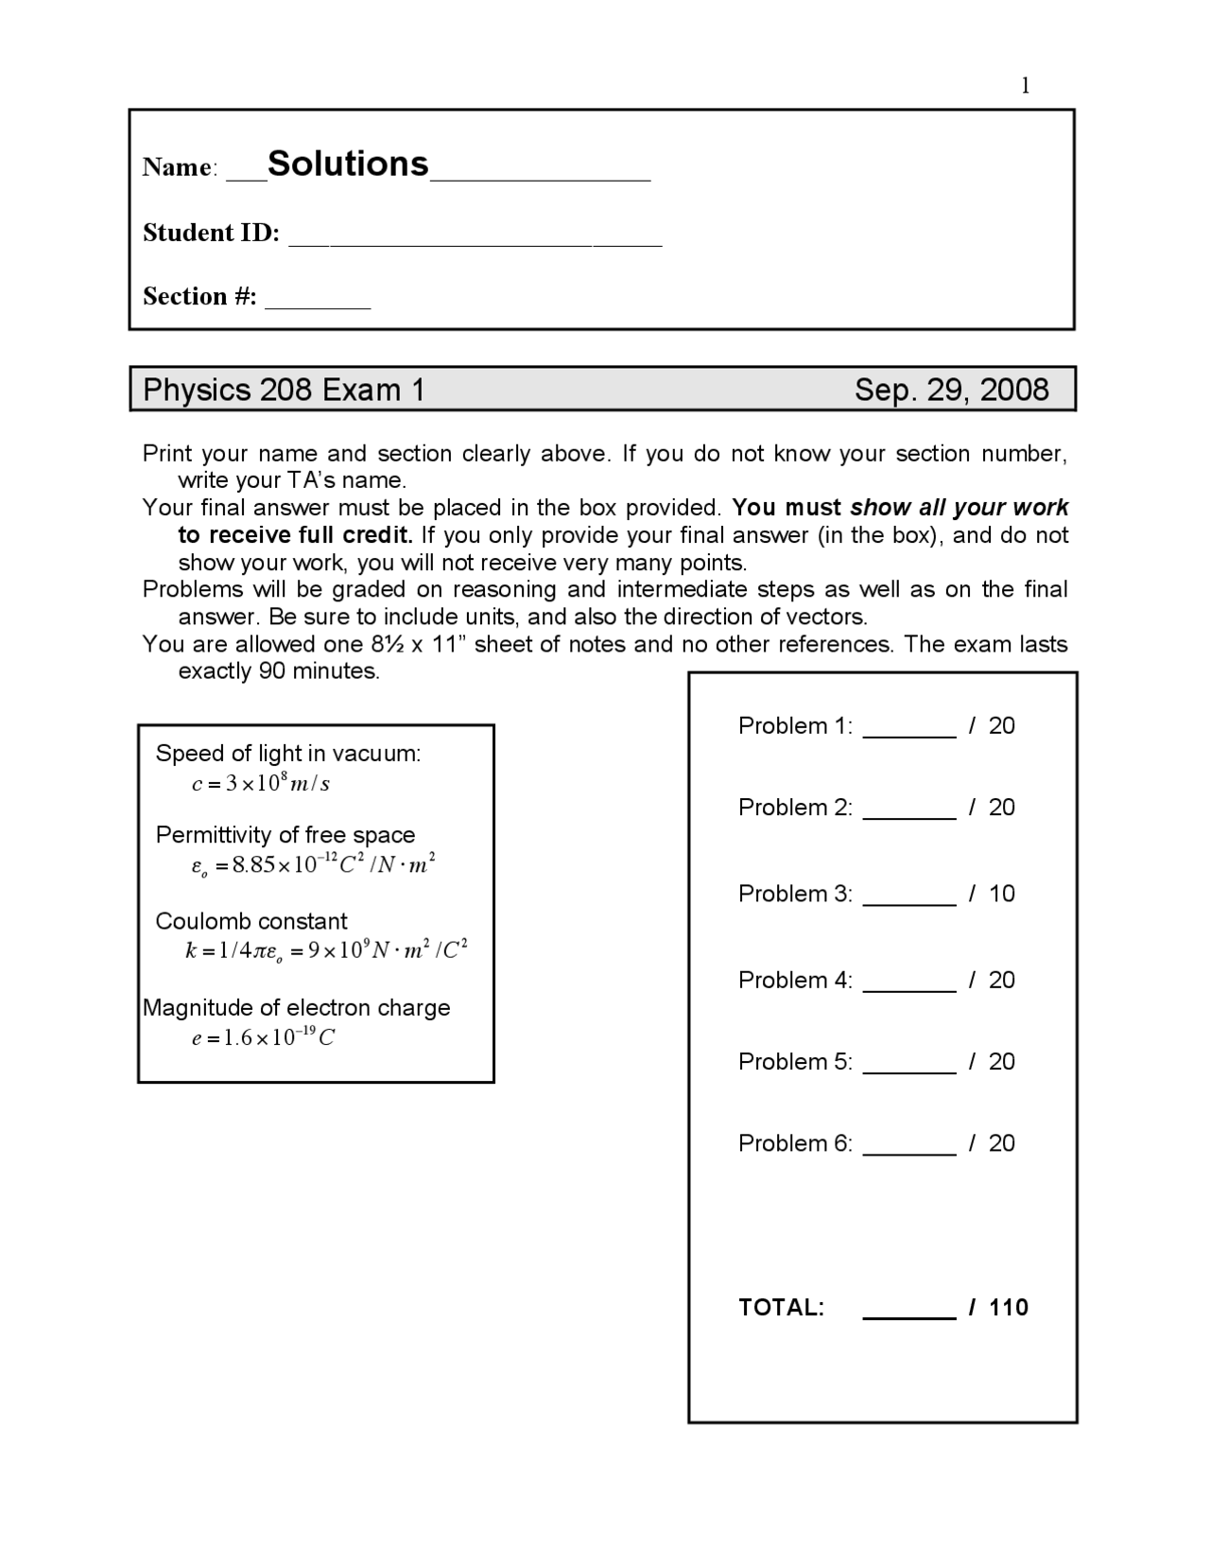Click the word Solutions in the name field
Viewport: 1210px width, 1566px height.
348,164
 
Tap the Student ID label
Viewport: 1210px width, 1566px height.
211,233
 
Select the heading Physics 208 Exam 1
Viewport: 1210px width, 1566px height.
284,390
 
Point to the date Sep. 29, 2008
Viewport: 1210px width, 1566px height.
951,390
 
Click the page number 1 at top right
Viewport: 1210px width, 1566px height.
1025,86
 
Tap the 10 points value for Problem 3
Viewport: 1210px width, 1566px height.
1001,894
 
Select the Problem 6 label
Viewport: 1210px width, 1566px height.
795,1143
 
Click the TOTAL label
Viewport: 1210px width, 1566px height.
781,1308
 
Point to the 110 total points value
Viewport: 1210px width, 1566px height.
1009,1308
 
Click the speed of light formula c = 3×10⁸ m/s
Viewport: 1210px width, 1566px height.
261,783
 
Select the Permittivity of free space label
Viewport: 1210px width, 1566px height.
285,835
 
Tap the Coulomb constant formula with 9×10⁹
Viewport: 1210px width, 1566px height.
327,950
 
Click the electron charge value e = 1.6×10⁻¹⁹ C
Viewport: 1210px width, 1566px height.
264,1037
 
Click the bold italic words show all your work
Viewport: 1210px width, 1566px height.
959,508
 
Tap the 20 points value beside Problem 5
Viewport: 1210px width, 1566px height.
1001,1062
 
